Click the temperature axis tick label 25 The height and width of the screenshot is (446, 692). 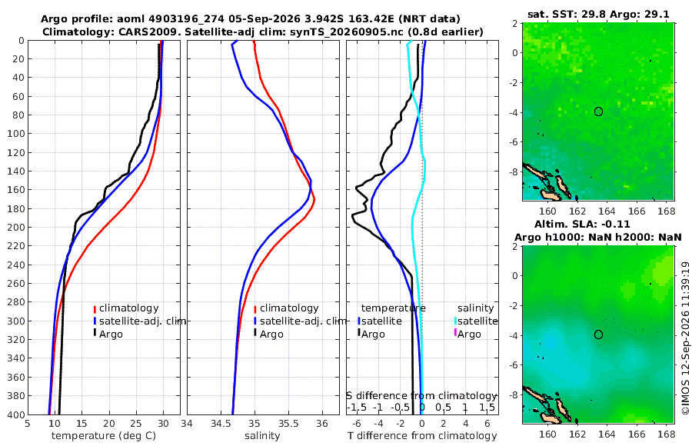tap(136, 423)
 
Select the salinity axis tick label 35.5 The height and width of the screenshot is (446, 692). tap(288, 423)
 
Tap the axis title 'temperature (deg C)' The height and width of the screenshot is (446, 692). tap(104, 436)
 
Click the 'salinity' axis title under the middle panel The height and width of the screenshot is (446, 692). tap(262, 436)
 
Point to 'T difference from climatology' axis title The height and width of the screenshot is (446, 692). tap(422, 436)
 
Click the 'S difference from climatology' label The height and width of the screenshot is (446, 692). tap(422, 396)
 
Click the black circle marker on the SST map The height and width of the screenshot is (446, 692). tap(598, 111)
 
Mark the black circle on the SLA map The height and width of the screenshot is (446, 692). tap(598, 334)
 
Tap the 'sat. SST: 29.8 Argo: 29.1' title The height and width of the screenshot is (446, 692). tap(598, 14)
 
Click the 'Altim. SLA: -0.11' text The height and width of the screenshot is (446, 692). tap(583, 224)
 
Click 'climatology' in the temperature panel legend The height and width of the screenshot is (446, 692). tap(129, 308)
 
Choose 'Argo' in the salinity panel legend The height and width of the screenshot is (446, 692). tap(271, 334)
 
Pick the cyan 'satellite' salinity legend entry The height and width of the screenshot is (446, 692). tap(477, 321)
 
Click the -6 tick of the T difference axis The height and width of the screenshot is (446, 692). tap(357, 423)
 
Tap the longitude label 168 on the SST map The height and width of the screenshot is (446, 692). tap(666, 211)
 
